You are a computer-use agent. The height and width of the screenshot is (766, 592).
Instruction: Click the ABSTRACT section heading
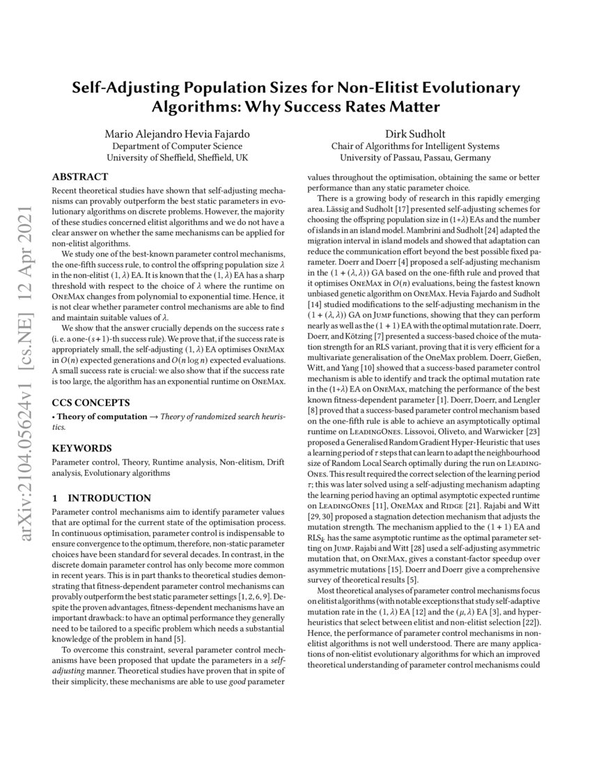(80, 177)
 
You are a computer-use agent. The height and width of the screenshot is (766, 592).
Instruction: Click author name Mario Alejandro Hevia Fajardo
(176, 133)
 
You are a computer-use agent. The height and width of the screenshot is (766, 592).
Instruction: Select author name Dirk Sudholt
(414, 133)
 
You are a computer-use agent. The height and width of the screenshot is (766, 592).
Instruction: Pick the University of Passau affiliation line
(414, 158)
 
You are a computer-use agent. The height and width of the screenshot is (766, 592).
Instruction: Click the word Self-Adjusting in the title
(130, 88)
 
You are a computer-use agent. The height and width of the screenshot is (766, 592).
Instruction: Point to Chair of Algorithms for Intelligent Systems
(414, 146)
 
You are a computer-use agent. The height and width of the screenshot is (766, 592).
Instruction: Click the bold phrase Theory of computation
(98, 416)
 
